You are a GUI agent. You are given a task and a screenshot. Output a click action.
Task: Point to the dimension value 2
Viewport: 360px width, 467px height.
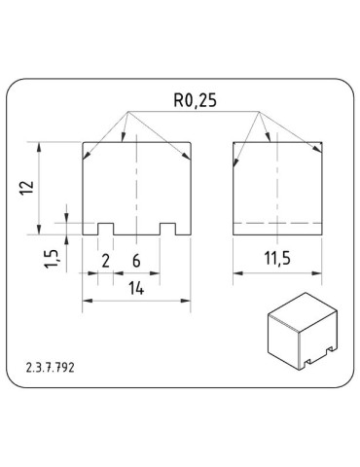105,260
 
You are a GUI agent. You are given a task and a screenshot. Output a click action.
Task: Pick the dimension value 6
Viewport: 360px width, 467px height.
136,260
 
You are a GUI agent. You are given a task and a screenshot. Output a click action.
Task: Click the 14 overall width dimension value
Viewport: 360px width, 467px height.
136,289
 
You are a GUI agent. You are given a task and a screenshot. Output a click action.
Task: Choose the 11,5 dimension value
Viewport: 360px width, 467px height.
278,260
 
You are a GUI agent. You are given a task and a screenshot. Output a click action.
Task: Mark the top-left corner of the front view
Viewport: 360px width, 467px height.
85,143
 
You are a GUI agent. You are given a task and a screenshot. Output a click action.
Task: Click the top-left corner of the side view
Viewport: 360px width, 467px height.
235,143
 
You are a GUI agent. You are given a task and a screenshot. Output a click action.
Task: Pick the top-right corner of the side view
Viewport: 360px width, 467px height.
322,143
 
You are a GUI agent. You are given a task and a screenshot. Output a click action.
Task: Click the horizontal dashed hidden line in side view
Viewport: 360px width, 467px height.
278,223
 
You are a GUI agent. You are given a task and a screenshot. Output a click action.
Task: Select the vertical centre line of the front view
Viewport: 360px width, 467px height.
137,185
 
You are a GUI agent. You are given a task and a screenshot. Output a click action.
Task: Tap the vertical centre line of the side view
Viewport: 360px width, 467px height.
278,185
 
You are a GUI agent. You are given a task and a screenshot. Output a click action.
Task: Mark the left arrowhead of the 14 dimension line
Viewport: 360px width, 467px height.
88,301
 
